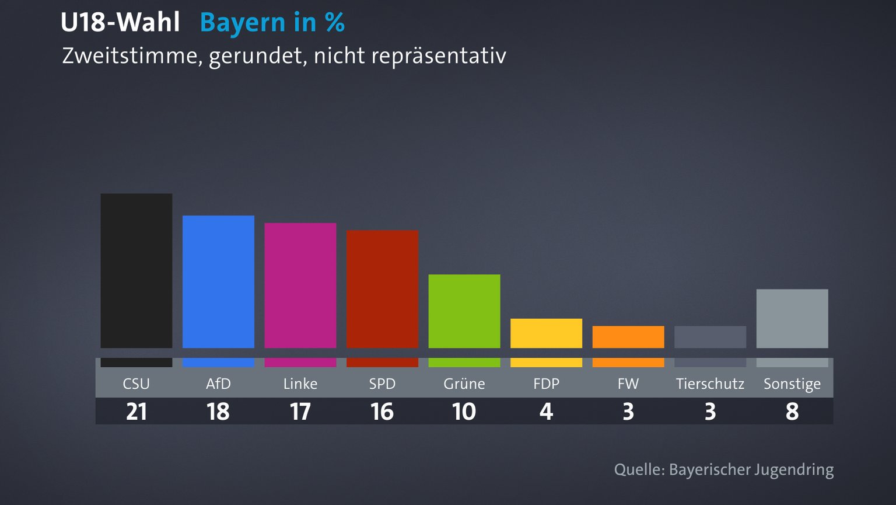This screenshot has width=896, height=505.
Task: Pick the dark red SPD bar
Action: point(382,289)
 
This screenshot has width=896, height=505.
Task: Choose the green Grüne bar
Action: point(464,311)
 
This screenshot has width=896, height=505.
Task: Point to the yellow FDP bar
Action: point(546,333)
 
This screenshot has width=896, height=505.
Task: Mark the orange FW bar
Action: point(628,337)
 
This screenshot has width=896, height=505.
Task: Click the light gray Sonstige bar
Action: point(792,318)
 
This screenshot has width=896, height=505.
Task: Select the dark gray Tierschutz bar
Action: point(710,337)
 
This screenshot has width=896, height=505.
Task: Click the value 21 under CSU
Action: point(136,412)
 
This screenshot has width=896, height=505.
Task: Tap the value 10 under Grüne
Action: point(464,412)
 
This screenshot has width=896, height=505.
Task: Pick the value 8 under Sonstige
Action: point(792,412)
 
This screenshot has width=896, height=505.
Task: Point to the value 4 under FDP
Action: point(546,412)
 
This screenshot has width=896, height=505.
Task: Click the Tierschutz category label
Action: point(710,384)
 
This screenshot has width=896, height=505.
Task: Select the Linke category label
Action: point(300,384)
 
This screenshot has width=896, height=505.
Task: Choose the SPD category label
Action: point(382,384)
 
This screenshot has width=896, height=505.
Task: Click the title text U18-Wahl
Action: point(120,23)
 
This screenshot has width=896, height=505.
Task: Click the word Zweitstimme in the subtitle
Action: point(132,56)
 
